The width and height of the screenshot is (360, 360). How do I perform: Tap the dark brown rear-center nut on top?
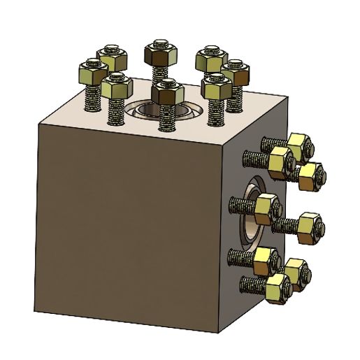pos(159,52)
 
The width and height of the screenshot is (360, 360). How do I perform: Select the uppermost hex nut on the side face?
pos(299,145)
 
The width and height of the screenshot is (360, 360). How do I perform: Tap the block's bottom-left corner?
pos(34,310)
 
